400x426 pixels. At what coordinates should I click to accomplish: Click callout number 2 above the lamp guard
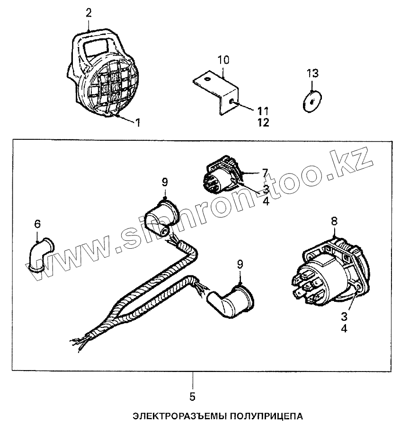[x=89, y=13]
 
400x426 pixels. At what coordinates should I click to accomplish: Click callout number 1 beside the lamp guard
[x=137, y=122]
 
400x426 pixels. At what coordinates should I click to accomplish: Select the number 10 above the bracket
[x=223, y=60]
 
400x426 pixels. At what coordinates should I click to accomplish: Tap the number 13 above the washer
[x=312, y=73]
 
